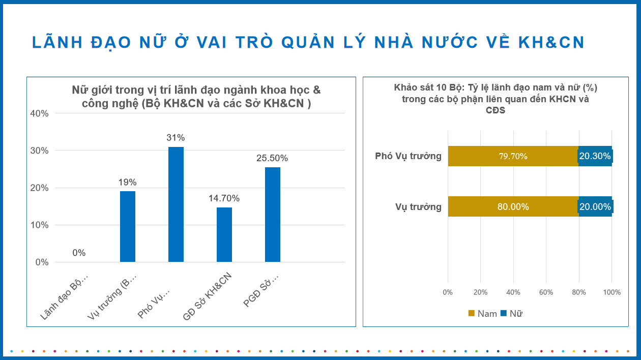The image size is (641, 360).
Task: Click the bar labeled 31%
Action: pyautogui.click(x=176, y=204)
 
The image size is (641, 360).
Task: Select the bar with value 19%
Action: pyautogui.click(x=128, y=227)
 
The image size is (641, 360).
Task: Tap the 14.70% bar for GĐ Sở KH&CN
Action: pyautogui.click(x=224, y=235)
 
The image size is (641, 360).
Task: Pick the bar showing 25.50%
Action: pyautogui.click(x=273, y=215)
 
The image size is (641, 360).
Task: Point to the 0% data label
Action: pyautogui.click(x=79, y=253)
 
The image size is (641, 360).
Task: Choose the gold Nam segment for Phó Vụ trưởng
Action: pyautogui.click(x=513, y=156)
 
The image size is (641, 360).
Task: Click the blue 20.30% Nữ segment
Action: pyautogui.click(x=595, y=156)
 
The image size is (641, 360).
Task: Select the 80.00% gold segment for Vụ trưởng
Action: pyautogui.click(x=513, y=206)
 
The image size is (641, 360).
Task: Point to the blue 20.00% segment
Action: pyautogui.click(x=595, y=206)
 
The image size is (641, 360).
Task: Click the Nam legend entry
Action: pyautogui.click(x=482, y=313)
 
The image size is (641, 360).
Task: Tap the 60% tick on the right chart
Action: pyautogui.click(x=546, y=292)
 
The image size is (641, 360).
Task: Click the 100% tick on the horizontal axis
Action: pyautogui.click(x=611, y=292)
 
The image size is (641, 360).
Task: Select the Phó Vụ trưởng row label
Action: pyautogui.click(x=408, y=156)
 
